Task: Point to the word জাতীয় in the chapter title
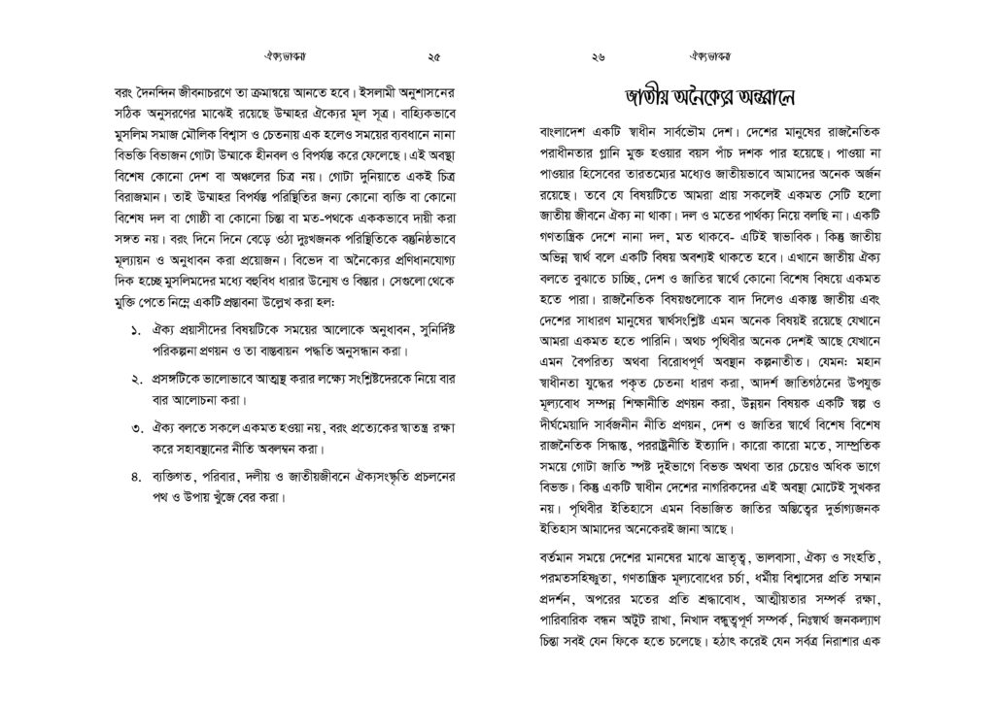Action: pyautogui.click(x=642, y=98)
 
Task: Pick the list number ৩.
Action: pyautogui.click(x=135, y=428)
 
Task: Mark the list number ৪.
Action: pyautogui.click(x=135, y=476)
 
